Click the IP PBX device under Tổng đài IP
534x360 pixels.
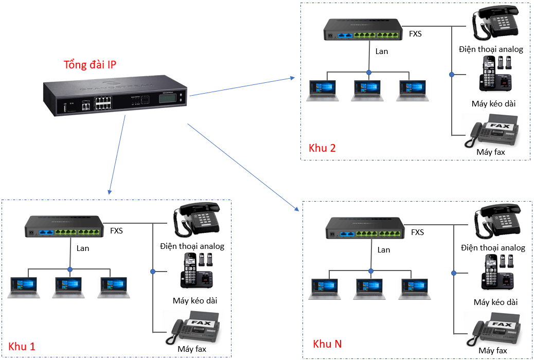pos(116,96)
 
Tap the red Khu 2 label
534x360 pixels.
pos(322,148)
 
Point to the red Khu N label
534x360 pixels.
pos(327,343)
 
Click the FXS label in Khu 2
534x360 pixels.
pos(415,33)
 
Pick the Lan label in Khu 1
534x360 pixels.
pos(82,248)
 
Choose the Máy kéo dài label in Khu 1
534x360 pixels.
pos(195,300)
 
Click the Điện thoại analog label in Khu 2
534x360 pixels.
pos(491,49)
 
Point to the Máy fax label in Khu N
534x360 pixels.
pos(493,350)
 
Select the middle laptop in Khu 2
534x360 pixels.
pos(368,91)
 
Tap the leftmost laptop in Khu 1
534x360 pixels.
pos(24,288)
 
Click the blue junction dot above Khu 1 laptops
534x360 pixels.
pos(69,269)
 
